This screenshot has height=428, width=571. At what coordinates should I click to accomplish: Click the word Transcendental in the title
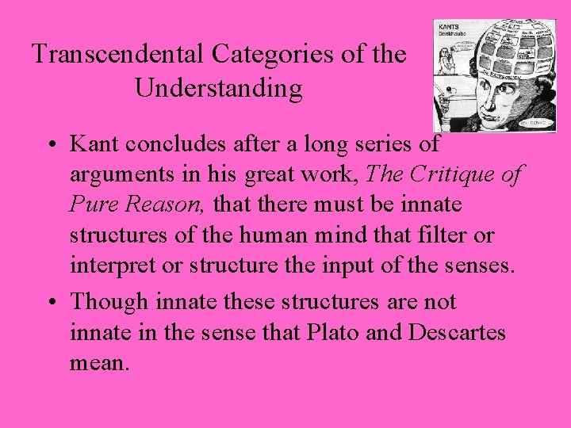coord(118,55)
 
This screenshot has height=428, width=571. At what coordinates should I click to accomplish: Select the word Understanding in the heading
coord(219,88)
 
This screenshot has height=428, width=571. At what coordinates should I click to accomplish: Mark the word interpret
coord(109,266)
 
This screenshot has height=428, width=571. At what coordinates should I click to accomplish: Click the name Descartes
coord(458,332)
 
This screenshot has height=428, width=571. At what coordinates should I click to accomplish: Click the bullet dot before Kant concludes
coord(50,146)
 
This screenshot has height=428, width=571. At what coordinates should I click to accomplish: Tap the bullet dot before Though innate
coord(50,303)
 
